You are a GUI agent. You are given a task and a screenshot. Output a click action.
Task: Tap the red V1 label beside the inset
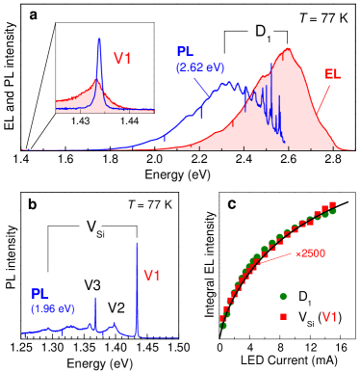click(x=123, y=58)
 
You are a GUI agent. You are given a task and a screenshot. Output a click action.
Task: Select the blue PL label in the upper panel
click(x=187, y=51)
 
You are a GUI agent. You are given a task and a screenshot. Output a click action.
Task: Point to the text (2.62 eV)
click(x=194, y=67)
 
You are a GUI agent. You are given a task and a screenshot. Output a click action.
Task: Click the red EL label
click(x=332, y=73)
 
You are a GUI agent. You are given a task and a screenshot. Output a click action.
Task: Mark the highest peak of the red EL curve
click(x=286, y=50)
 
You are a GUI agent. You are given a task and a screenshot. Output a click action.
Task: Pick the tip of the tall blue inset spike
click(x=98, y=40)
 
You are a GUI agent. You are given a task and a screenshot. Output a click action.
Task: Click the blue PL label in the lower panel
click(x=41, y=293)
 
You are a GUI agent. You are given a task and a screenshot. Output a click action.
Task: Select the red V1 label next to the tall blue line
click(x=152, y=277)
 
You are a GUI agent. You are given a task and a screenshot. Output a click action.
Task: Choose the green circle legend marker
click(x=283, y=297)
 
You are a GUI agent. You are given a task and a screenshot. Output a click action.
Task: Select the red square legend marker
click(x=283, y=316)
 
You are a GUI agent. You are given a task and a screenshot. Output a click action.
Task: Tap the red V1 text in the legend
click(x=328, y=316)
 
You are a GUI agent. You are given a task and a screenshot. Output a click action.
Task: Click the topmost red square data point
click(x=332, y=204)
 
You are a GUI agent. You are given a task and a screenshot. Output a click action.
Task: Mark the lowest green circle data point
click(x=223, y=326)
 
